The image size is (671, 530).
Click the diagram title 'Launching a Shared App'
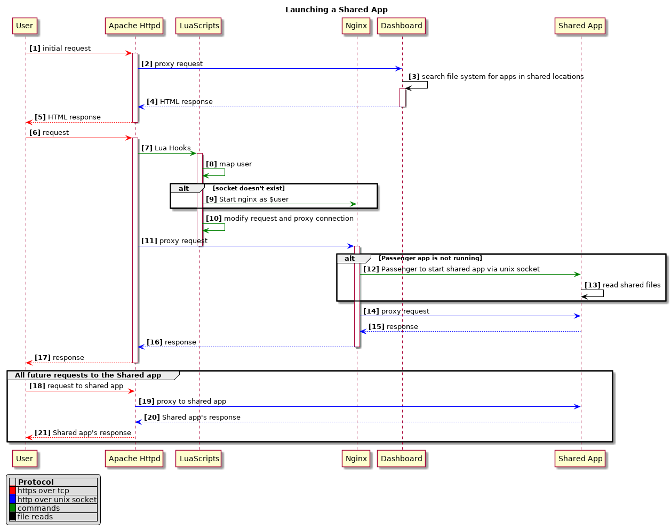coord(336,10)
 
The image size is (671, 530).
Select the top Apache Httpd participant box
coord(134,26)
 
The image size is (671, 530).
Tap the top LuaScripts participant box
coord(199,26)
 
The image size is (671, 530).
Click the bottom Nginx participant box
coord(356,459)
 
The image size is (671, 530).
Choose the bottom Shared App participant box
coord(580,459)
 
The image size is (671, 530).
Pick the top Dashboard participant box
coord(402,26)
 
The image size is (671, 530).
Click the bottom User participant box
coord(25,459)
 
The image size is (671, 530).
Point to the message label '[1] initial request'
coord(60,49)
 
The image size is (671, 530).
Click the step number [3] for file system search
coord(414,77)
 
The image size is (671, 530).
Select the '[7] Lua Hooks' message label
coord(166,148)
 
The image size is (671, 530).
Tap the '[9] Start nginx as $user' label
coord(247,199)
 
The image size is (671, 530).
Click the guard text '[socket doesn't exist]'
coord(249,188)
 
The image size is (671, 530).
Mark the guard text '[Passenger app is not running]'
coord(430,258)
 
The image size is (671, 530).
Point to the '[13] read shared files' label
coord(622,285)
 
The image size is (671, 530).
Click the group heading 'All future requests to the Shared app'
coord(88,375)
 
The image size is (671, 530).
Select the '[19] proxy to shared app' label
coord(182,401)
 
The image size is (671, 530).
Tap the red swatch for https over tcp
coord(12,491)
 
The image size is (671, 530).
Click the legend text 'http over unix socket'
coord(57,500)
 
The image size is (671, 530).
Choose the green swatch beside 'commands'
coord(12,508)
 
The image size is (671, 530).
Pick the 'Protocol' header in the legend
coord(36,482)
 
